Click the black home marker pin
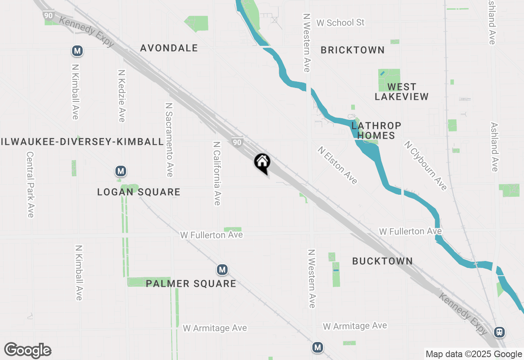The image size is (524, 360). [x=262, y=162]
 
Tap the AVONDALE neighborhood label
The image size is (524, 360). [x=169, y=48]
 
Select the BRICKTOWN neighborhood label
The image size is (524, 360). [x=352, y=50]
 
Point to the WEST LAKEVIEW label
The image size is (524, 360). [x=402, y=92]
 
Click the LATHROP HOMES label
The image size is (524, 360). [x=376, y=130]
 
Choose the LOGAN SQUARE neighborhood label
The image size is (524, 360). [x=139, y=192]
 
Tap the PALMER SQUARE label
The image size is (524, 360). [x=191, y=283]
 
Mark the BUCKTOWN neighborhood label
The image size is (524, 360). [x=382, y=261]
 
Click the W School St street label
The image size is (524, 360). [x=340, y=22]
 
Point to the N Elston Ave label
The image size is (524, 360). [x=338, y=165]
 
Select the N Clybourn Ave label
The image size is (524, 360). [x=425, y=165]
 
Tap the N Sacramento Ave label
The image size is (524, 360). [x=168, y=139]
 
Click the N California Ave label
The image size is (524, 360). [x=217, y=173]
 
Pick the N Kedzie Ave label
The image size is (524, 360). [x=121, y=95]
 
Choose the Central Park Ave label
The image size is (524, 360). [x=30, y=184]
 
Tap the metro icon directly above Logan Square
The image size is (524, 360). [x=120, y=171]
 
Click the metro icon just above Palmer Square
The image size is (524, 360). [x=222, y=270]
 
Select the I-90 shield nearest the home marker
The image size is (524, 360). [x=237, y=142]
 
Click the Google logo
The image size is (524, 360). [x=27, y=351]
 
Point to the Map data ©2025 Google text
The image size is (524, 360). [x=474, y=354]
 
